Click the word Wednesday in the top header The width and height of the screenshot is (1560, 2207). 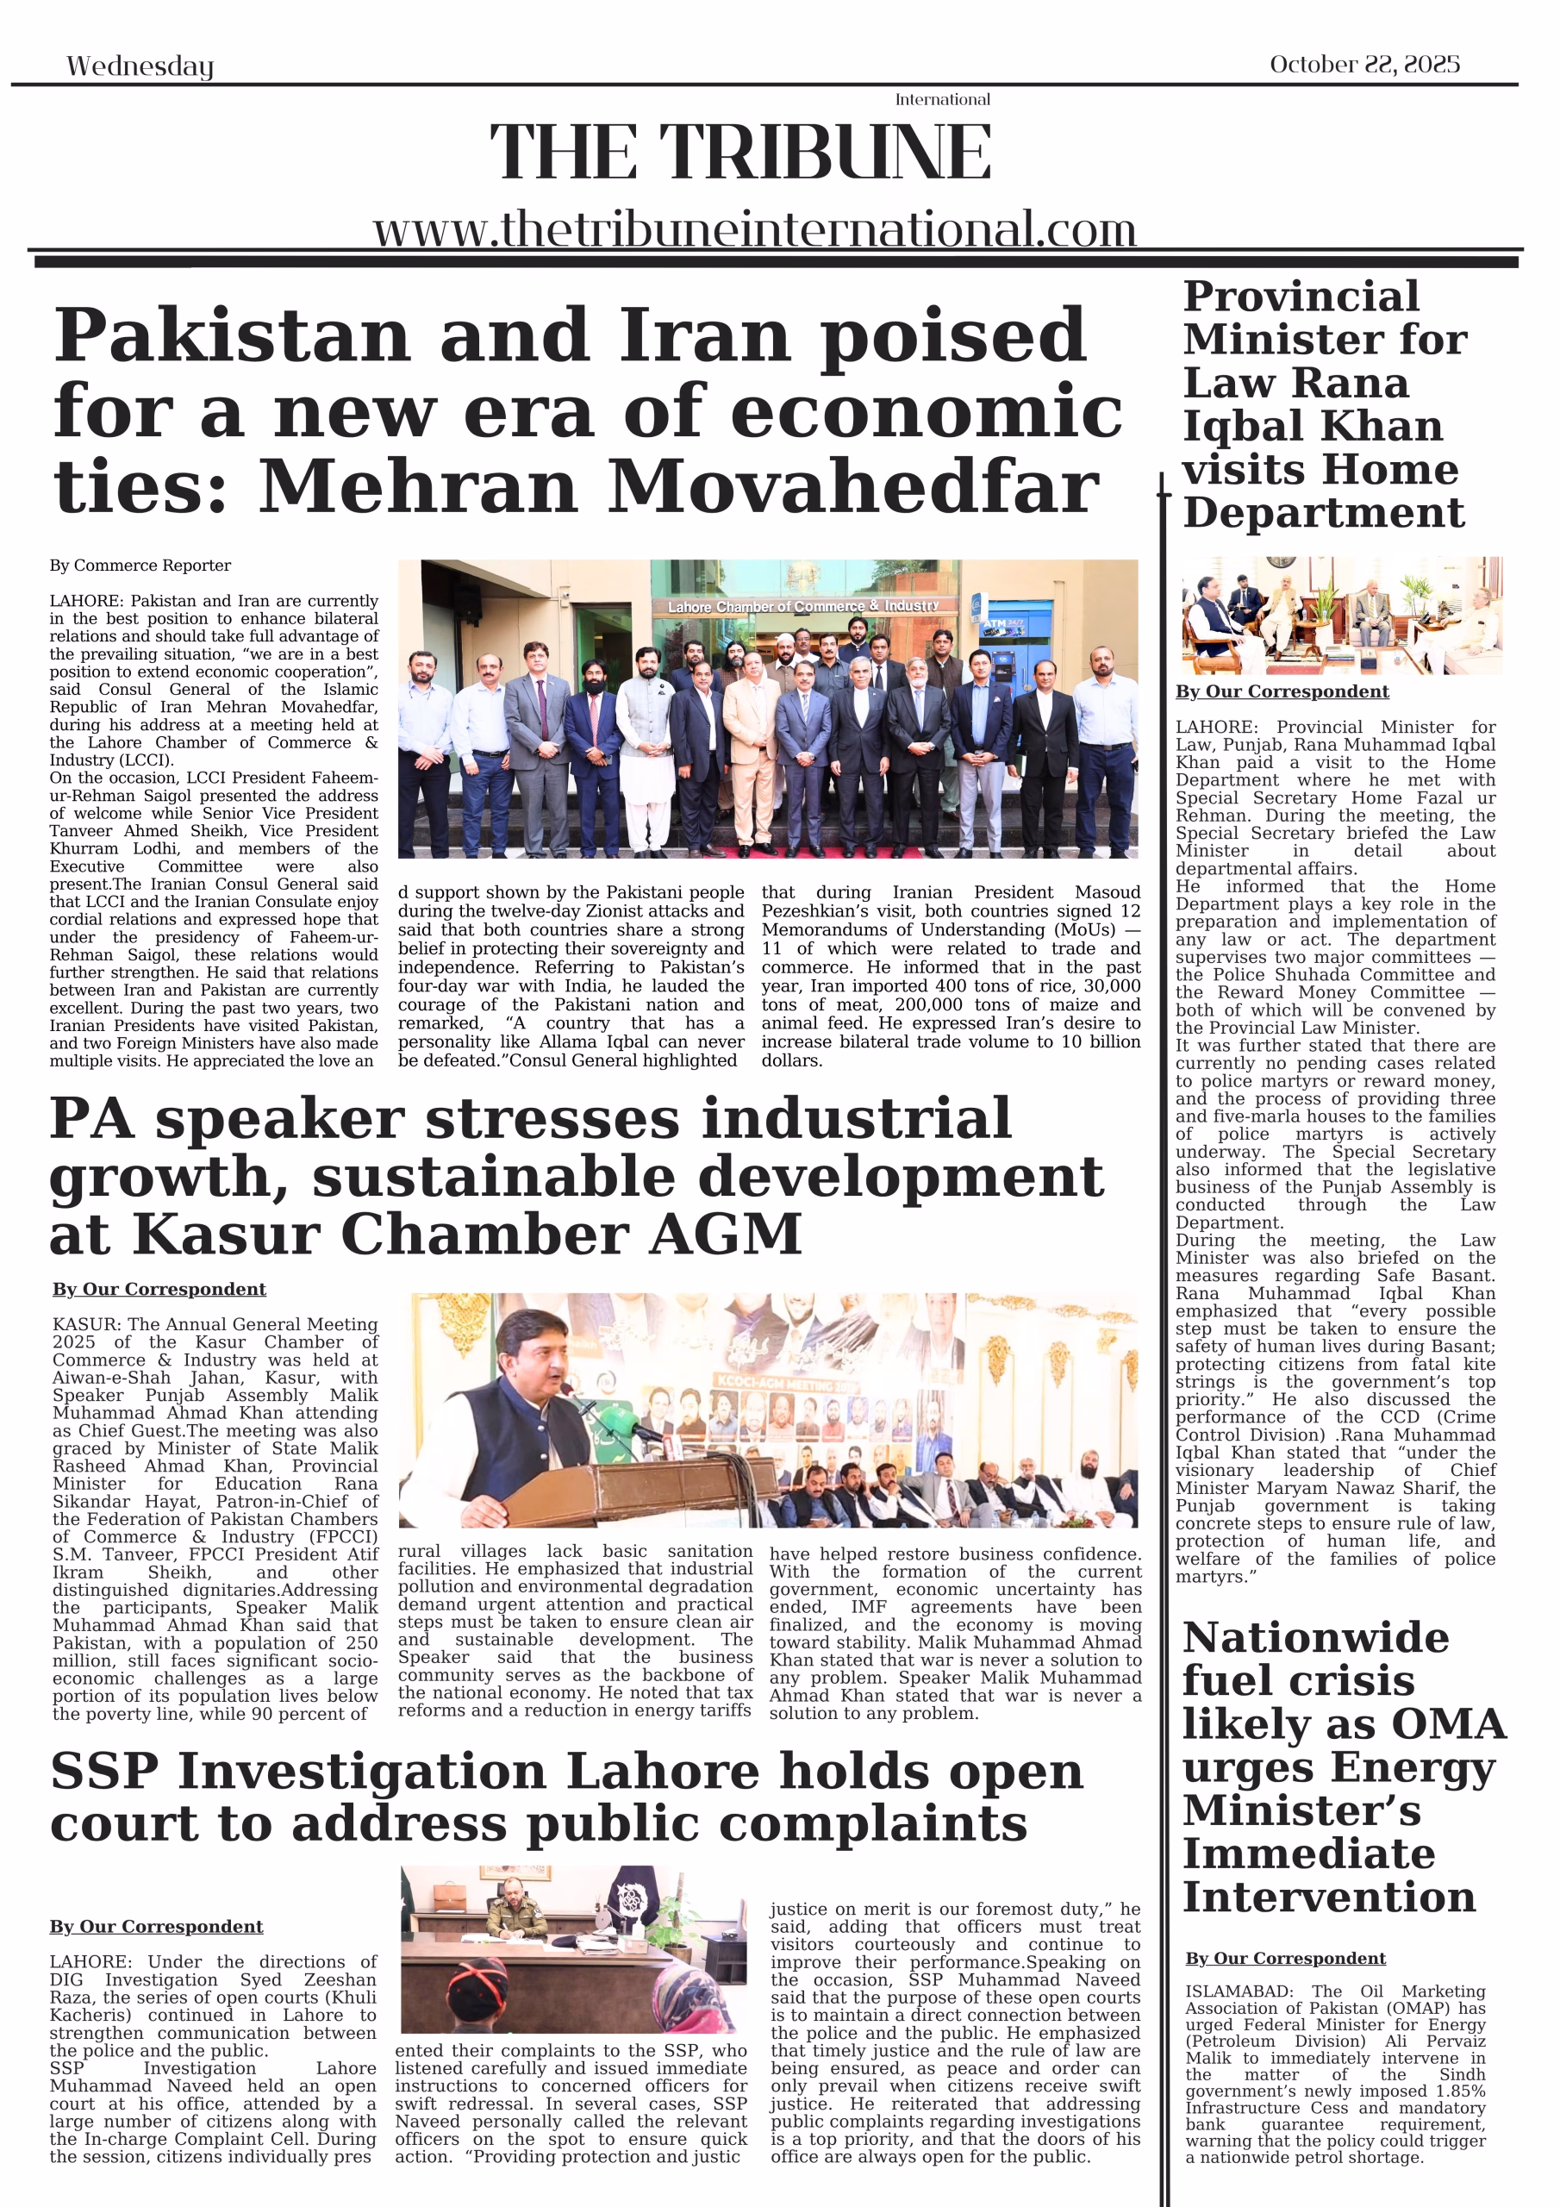(140, 66)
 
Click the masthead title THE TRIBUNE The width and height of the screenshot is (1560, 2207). (740, 152)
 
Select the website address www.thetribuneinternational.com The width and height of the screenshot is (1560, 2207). (754, 229)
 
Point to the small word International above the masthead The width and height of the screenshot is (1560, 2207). (942, 100)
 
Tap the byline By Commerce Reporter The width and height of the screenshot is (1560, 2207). (140, 566)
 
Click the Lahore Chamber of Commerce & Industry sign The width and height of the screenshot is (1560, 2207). (802, 607)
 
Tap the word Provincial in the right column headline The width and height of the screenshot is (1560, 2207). (1301, 296)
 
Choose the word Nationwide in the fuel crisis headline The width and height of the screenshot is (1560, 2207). (1315, 1637)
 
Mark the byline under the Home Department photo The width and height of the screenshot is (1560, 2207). (1282, 691)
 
